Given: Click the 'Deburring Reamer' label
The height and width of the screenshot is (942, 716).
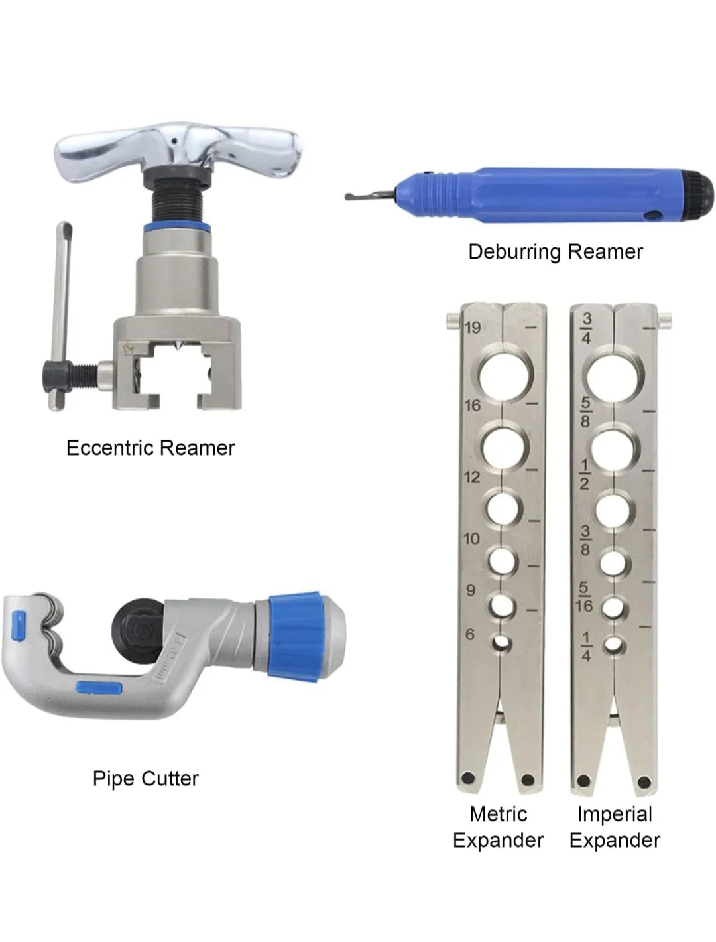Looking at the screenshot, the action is tap(555, 252).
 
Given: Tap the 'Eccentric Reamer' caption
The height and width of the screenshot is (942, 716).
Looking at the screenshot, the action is tap(150, 448).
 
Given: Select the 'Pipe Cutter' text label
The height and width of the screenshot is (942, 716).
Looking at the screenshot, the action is tap(146, 779).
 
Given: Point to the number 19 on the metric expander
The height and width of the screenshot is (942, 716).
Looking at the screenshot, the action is tap(473, 328).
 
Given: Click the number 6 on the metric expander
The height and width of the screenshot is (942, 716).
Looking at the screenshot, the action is tap(470, 634).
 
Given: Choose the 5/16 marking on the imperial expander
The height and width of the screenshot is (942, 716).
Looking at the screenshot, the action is tap(585, 596).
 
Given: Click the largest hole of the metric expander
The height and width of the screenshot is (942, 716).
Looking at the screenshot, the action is tap(505, 377).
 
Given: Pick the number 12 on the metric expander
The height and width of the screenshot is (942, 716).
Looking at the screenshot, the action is tap(472, 477).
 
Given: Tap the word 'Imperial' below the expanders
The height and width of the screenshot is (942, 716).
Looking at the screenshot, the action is tap(615, 814).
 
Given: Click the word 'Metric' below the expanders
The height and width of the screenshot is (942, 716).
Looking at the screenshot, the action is tap(498, 814).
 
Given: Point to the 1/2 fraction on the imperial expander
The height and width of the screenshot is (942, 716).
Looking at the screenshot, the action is tap(585, 474).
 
